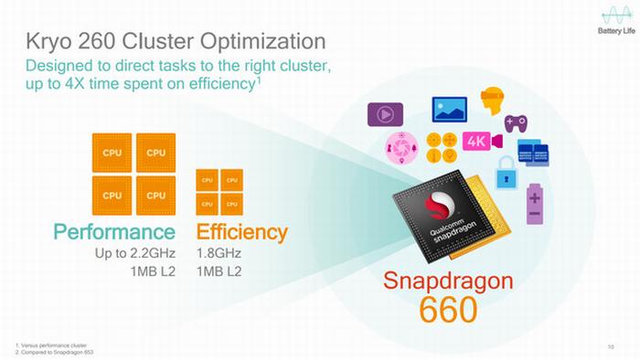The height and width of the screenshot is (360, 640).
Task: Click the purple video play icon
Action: point(386,115)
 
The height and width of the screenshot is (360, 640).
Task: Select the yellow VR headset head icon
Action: point(494,101)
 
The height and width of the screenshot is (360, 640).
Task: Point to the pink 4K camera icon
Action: point(482,143)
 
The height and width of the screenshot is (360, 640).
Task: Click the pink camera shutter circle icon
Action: point(401,147)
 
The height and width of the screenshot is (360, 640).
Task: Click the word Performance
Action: point(114,231)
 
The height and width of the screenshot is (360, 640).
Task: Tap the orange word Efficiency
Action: point(241,231)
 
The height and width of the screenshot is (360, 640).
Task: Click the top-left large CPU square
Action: point(112,153)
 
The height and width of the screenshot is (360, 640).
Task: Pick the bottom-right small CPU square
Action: point(232,203)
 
